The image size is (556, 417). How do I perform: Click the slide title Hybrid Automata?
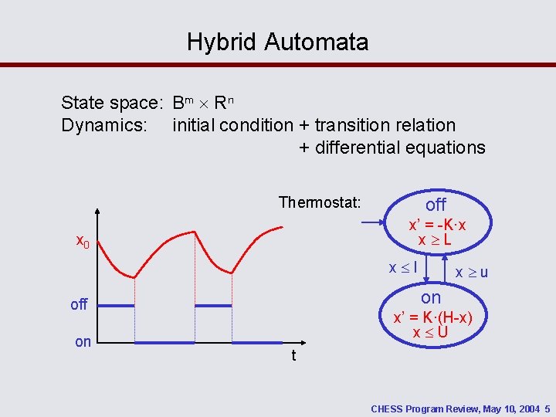[277, 42]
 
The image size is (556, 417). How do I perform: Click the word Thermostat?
[319, 203]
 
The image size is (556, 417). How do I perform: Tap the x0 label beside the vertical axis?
[83, 241]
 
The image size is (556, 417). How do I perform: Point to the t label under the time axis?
[294, 356]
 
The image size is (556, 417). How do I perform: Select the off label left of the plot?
[79, 304]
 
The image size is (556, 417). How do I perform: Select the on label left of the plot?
[83, 341]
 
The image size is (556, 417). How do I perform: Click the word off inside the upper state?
[436, 205]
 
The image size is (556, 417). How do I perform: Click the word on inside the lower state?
[431, 297]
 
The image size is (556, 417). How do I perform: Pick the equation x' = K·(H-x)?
[432, 317]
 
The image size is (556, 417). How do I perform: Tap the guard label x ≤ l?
[403, 268]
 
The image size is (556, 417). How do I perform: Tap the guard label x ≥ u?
[471, 273]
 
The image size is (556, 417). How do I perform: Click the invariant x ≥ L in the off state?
[435, 240]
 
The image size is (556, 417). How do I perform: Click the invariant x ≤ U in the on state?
[430, 333]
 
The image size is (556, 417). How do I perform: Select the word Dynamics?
[104, 125]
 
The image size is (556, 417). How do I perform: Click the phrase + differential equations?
[392, 147]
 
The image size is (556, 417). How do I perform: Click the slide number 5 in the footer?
[547, 408]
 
